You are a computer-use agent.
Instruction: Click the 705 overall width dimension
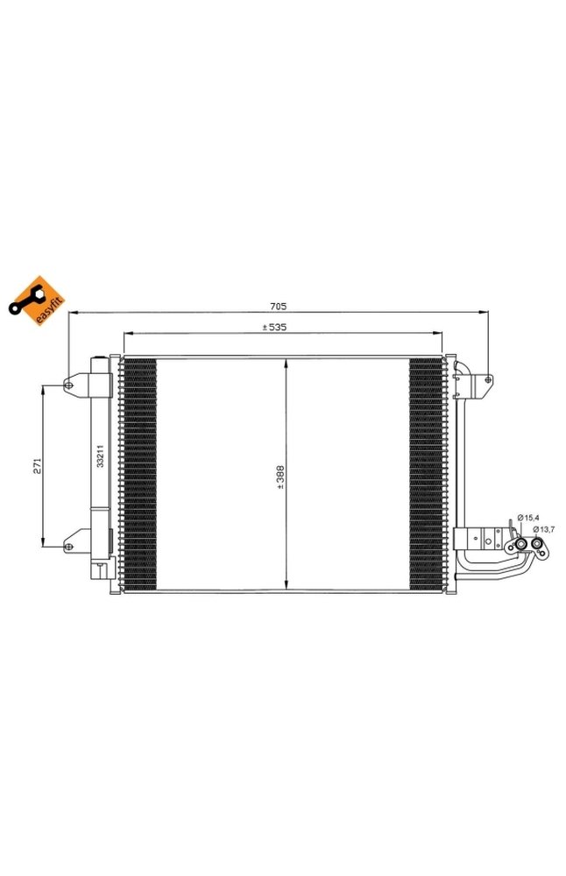tap(278, 307)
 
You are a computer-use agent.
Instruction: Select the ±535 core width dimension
tap(277, 328)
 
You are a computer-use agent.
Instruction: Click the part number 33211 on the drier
tap(101, 456)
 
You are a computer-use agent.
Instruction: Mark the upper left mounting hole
tap(67, 384)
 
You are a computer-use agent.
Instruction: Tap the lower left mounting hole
tap(67, 546)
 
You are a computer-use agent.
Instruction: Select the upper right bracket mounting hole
tap(487, 379)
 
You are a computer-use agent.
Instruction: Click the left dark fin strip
tap(139, 473)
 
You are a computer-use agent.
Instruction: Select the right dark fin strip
tap(427, 473)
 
